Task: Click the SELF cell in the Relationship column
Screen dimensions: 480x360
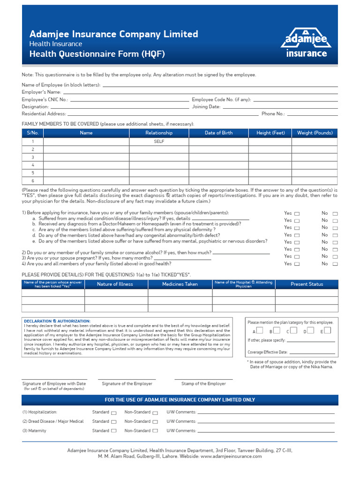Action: [159, 141]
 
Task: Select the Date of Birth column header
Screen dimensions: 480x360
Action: [218, 133]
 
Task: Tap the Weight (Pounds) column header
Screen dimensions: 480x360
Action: [315, 133]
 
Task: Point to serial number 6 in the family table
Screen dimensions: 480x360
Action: [33, 180]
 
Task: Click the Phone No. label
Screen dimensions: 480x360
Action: [273, 114]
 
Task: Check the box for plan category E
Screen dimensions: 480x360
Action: [327, 330]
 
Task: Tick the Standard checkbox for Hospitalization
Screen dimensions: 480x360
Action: [113, 413]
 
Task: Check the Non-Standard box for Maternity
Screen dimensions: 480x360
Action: [155, 431]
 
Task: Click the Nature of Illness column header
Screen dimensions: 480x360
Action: [115, 284]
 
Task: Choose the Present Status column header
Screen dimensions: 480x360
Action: [307, 284]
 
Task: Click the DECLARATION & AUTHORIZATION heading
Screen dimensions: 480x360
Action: [57, 321]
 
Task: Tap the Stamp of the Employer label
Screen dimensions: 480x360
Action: [203, 383]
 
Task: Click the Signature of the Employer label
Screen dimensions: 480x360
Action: [127, 383]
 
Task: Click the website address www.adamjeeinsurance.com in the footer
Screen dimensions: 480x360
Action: [231, 456]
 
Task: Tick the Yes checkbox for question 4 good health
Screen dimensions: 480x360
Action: [297, 264]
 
